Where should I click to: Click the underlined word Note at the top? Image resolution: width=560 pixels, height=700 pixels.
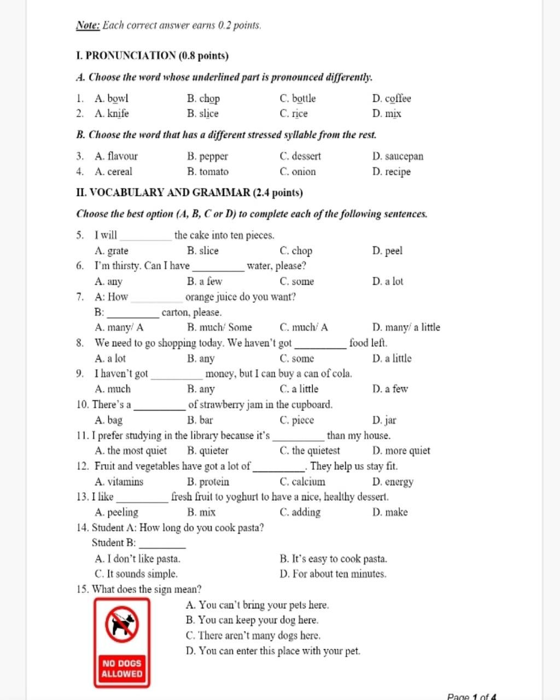click(87, 25)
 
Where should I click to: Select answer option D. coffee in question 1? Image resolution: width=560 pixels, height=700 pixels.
click(392, 98)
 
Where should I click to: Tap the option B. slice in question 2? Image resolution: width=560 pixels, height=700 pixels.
click(202, 114)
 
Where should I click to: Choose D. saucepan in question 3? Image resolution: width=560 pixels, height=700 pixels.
click(398, 156)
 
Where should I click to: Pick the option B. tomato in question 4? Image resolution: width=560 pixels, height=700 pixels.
click(207, 172)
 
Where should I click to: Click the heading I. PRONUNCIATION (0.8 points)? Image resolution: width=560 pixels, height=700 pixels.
click(153, 56)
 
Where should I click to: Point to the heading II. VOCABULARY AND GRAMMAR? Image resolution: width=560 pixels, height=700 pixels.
click(189, 192)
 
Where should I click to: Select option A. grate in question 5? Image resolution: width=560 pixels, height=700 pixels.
click(112, 251)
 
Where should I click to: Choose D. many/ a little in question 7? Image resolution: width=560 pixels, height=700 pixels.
click(406, 328)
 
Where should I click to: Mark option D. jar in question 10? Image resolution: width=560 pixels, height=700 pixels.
click(384, 421)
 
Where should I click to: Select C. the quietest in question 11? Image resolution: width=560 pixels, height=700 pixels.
click(310, 451)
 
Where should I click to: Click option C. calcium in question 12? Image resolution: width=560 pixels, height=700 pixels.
click(302, 482)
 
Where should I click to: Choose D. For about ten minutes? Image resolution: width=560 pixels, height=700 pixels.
click(332, 574)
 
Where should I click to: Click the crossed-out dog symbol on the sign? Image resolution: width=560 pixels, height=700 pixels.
click(122, 624)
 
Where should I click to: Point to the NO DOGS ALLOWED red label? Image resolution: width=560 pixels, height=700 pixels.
click(121, 668)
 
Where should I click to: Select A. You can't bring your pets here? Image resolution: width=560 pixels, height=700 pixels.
click(257, 605)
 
